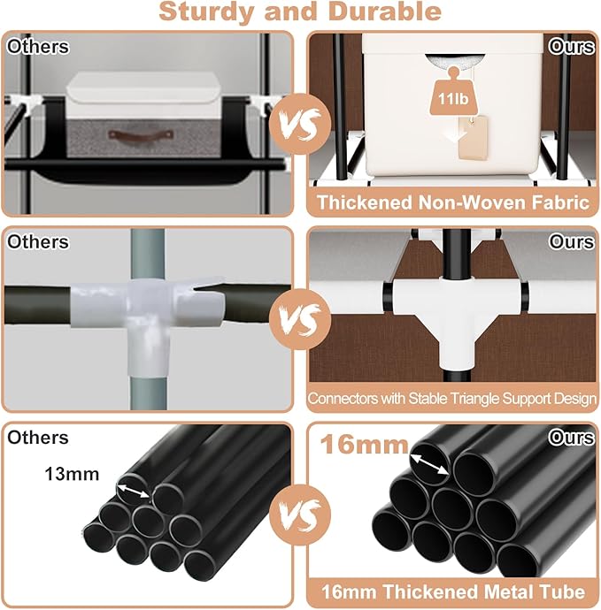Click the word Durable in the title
pos(385,11)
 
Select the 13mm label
pos(72,474)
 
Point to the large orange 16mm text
pos(364,445)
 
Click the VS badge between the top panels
pos(300,124)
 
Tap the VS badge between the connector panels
pos(300,319)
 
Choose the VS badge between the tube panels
pos(300,515)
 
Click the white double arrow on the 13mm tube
pos(134,491)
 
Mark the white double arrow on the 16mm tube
pos(429,464)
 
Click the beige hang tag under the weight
pos(473,137)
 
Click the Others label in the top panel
pos(38,47)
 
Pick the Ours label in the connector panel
pos(571,242)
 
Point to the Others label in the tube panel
pos(38,438)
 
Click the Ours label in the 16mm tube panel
pos(571,438)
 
